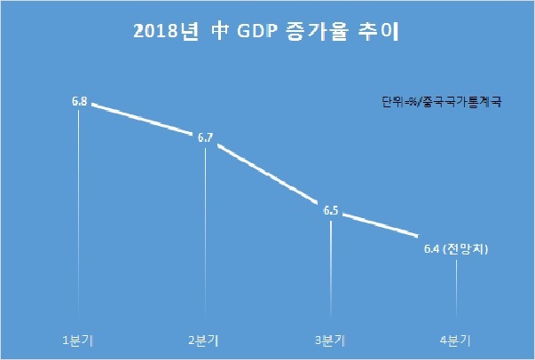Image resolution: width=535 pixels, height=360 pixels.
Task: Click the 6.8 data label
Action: (x=80, y=101)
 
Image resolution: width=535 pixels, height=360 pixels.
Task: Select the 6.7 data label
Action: (x=206, y=137)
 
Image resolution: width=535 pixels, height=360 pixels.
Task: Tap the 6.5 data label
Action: (x=331, y=211)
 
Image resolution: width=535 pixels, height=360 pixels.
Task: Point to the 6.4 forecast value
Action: (x=431, y=249)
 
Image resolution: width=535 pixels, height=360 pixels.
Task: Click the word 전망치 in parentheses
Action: (x=466, y=249)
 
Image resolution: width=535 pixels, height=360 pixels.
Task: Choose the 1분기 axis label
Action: (x=78, y=340)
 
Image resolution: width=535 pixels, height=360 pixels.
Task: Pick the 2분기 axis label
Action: (x=204, y=340)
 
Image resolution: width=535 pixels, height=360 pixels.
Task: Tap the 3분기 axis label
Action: (x=330, y=340)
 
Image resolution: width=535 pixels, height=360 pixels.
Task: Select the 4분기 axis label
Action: (x=455, y=340)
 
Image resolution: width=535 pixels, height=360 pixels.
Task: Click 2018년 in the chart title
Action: (x=166, y=32)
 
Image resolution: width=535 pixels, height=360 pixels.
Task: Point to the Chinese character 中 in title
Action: (x=220, y=32)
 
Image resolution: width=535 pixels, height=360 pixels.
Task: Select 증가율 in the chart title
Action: (x=318, y=32)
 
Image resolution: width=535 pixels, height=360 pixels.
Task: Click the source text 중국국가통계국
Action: (x=462, y=102)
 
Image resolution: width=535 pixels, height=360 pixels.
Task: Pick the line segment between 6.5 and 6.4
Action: (x=381, y=224)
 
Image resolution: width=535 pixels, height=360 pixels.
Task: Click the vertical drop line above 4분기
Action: (x=457, y=289)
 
